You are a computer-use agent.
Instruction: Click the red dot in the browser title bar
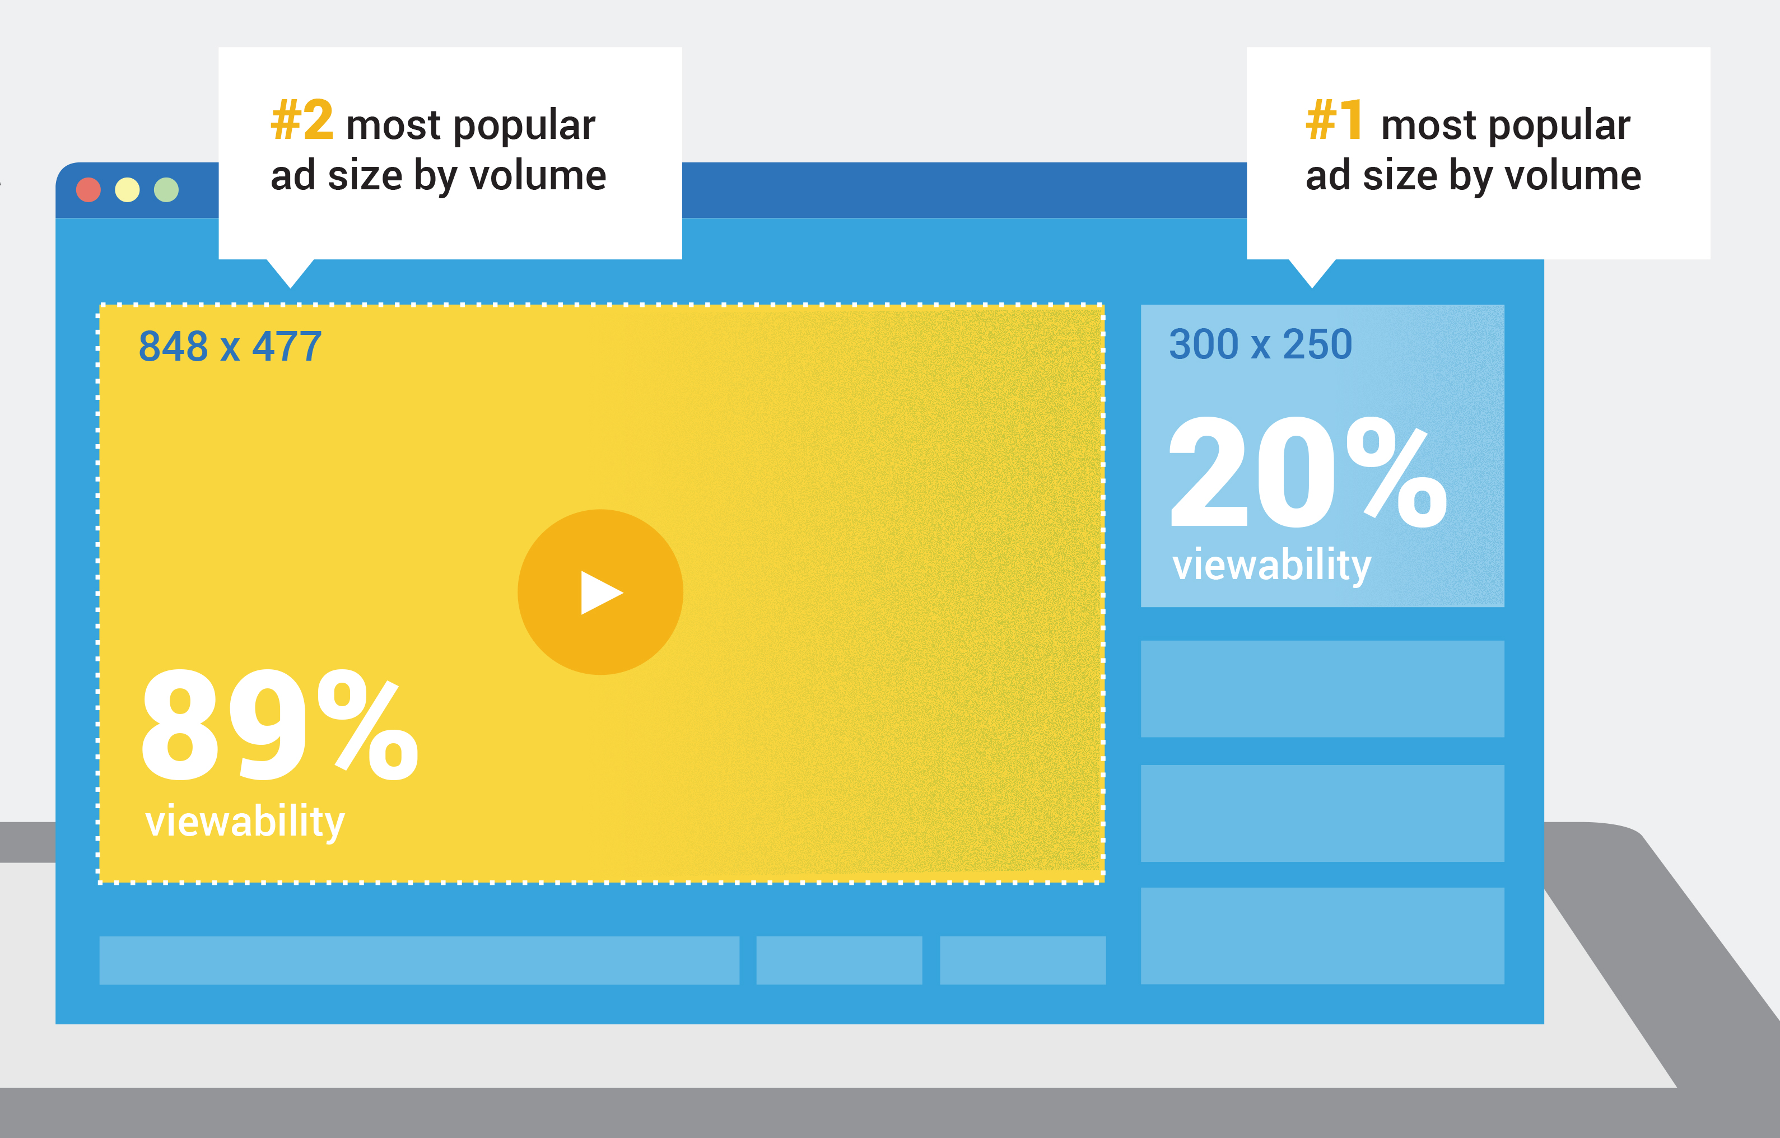point(88,190)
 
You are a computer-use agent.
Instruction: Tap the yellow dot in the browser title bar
point(127,190)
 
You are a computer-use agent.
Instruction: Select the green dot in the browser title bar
point(166,190)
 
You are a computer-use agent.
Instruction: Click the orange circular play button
point(600,592)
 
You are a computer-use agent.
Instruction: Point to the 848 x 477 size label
point(230,346)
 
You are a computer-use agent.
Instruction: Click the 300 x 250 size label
point(1260,344)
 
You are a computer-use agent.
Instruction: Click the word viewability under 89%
point(245,822)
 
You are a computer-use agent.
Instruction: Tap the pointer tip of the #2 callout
point(291,287)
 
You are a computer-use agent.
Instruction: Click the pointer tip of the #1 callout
point(1312,287)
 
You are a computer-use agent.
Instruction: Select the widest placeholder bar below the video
point(419,960)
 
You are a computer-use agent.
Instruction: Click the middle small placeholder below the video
point(839,960)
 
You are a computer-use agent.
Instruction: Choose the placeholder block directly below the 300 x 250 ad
point(1322,689)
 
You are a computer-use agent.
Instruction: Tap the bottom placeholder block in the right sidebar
point(1322,935)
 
